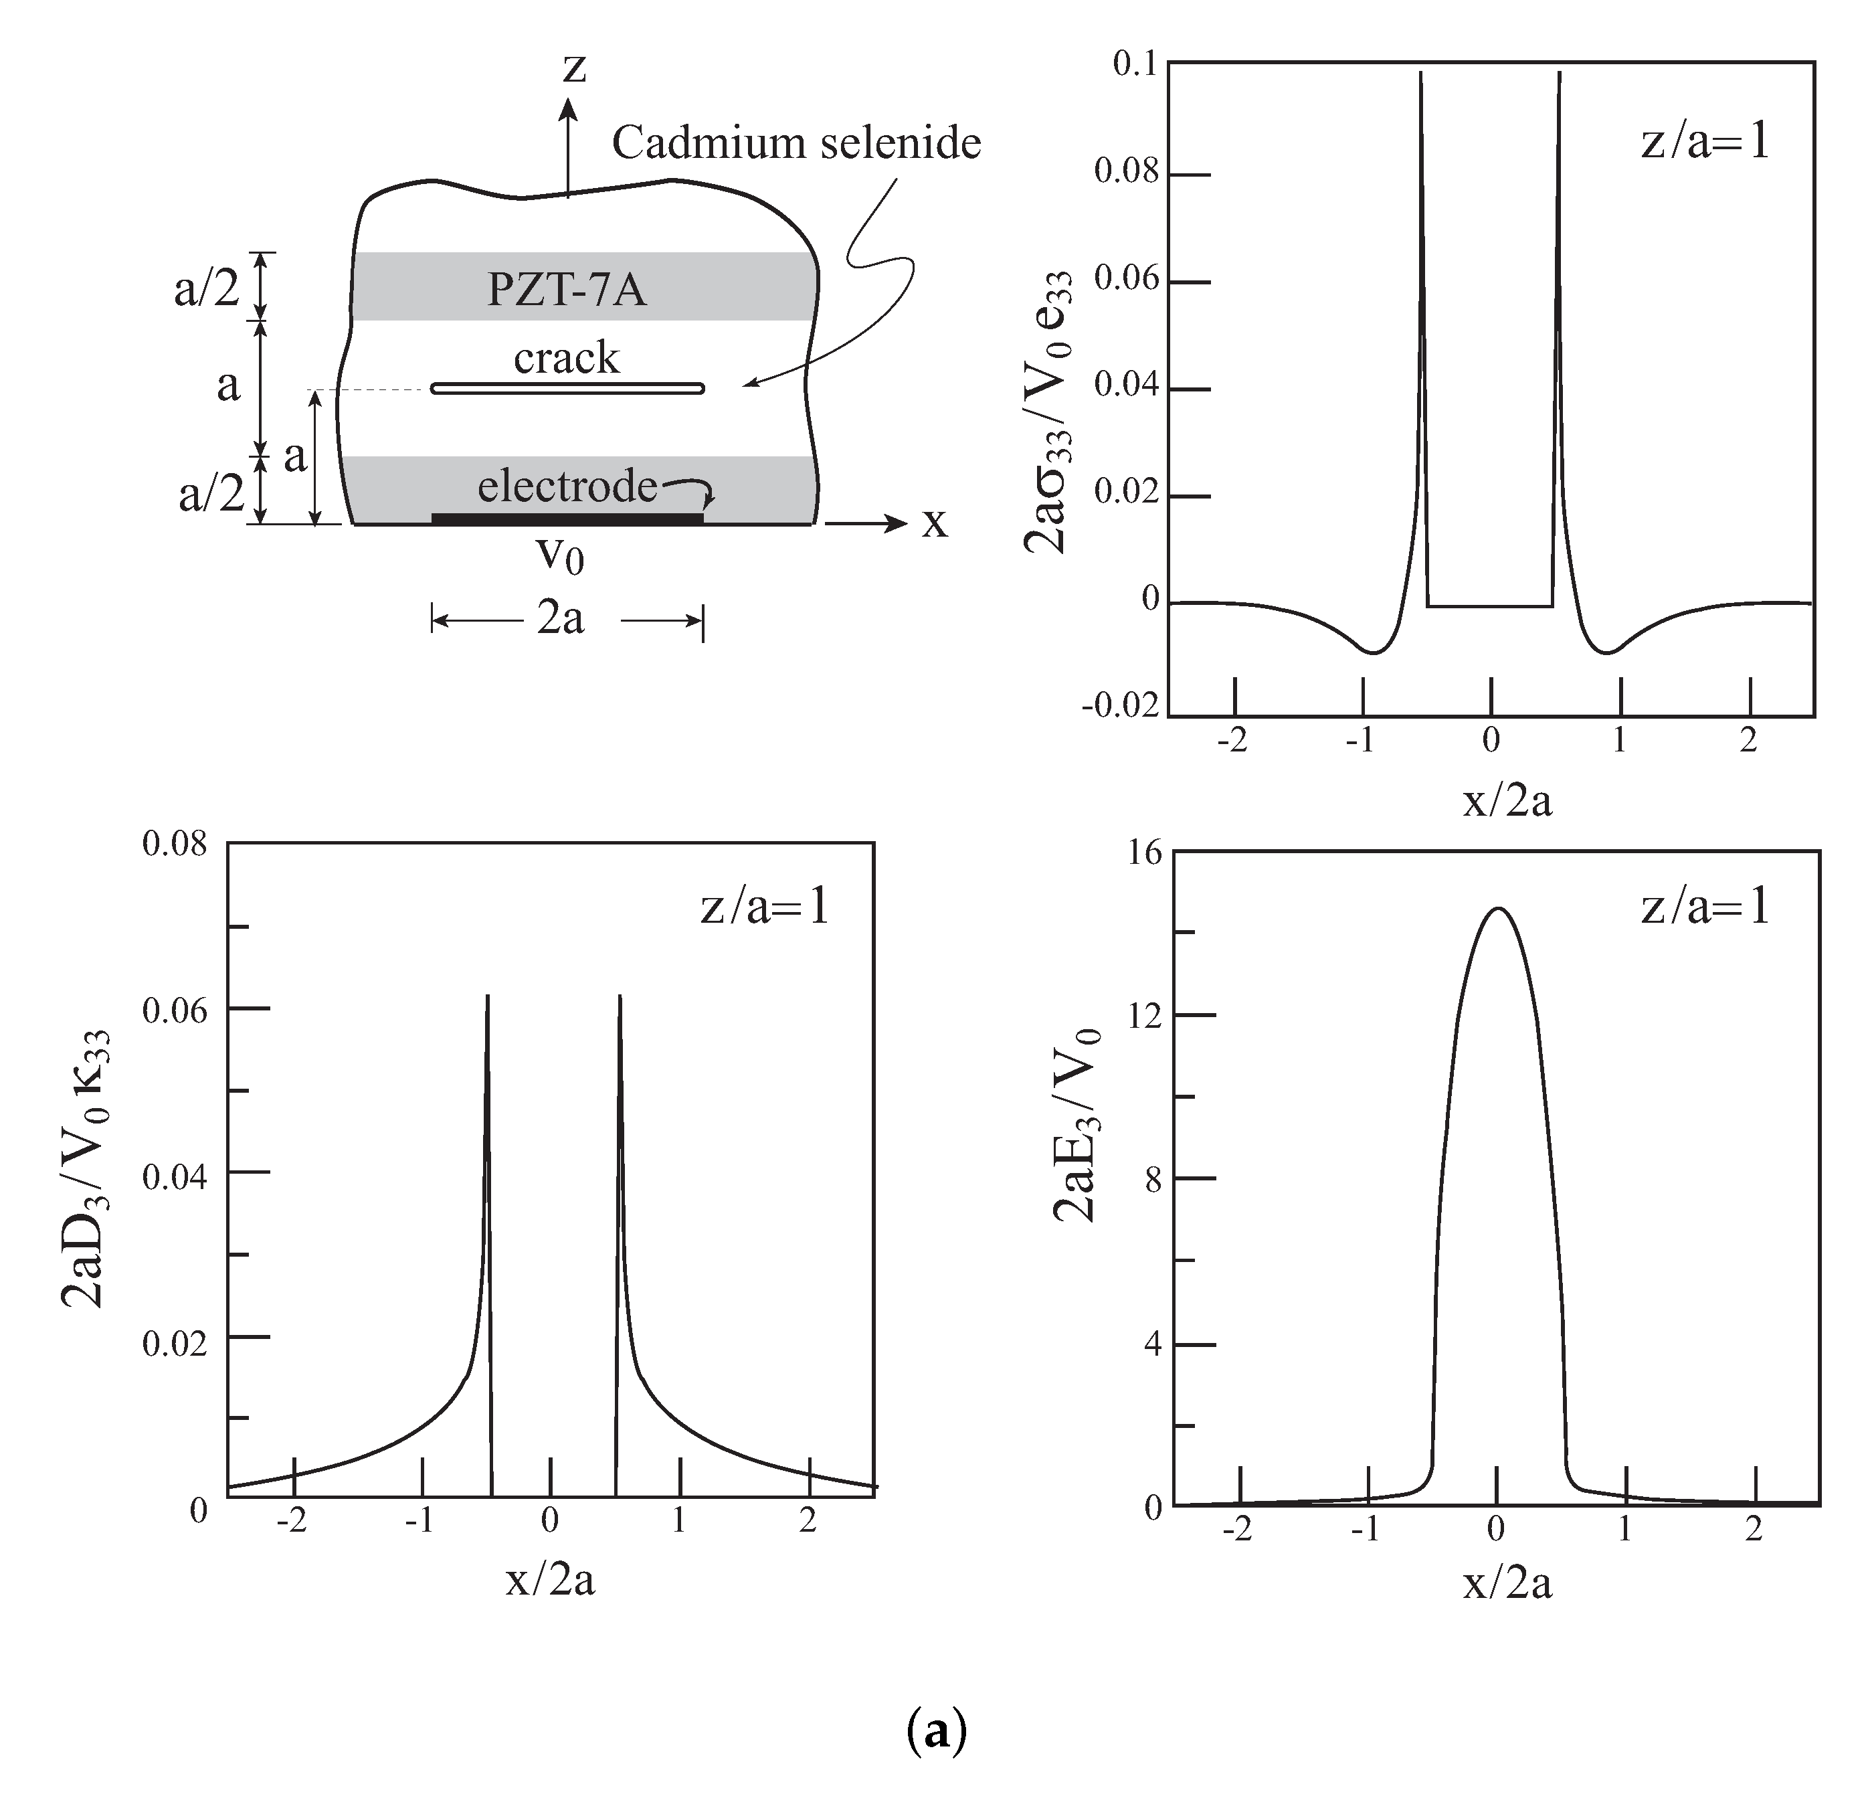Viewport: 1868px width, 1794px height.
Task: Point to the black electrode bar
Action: tap(567, 518)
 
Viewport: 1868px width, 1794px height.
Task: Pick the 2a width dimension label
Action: tap(561, 620)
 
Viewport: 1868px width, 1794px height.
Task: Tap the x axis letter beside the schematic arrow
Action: tap(934, 523)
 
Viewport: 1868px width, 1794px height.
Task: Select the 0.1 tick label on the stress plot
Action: tap(1134, 65)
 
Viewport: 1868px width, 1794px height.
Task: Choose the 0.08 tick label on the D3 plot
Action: tap(175, 844)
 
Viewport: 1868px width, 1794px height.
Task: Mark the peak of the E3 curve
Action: tap(1497, 909)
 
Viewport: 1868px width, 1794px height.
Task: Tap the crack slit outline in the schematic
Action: tap(567, 388)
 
